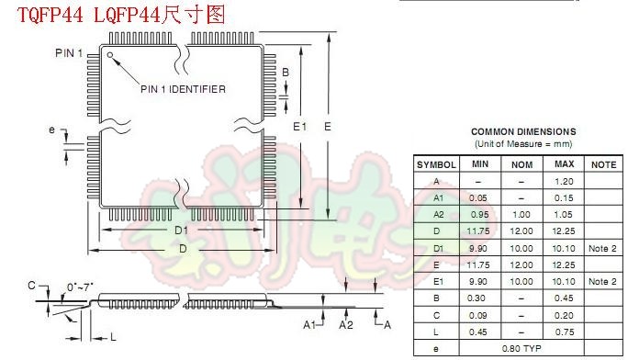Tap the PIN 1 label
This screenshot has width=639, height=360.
click(69, 53)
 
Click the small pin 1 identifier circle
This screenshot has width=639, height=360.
click(110, 55)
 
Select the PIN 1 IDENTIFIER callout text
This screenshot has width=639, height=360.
click(183, 89)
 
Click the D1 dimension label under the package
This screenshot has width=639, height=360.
click(181, 229)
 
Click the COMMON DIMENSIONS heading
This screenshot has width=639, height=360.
click(523, 131)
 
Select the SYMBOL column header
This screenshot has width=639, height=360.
click(436, 164)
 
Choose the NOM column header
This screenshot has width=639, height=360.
click(522, 164)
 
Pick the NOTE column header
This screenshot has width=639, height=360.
click(602, 164)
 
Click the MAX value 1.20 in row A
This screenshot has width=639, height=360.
click(564, 182)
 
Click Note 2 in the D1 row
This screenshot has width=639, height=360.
click(602, 249)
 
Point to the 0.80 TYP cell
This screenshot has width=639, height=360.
click(521, 349)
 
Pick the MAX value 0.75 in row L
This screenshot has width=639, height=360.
click(564, 332)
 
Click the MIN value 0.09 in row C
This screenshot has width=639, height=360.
click(478, 316)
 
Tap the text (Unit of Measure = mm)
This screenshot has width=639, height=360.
click(523, 144)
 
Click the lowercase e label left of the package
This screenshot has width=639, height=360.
click(52, 129)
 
